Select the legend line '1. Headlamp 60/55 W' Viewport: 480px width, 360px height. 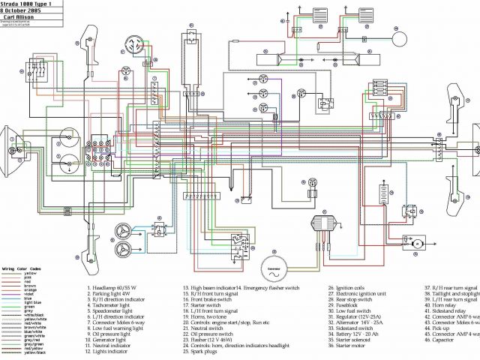tap(115, 288)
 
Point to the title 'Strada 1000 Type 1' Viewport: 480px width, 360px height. tap(28, 4)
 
